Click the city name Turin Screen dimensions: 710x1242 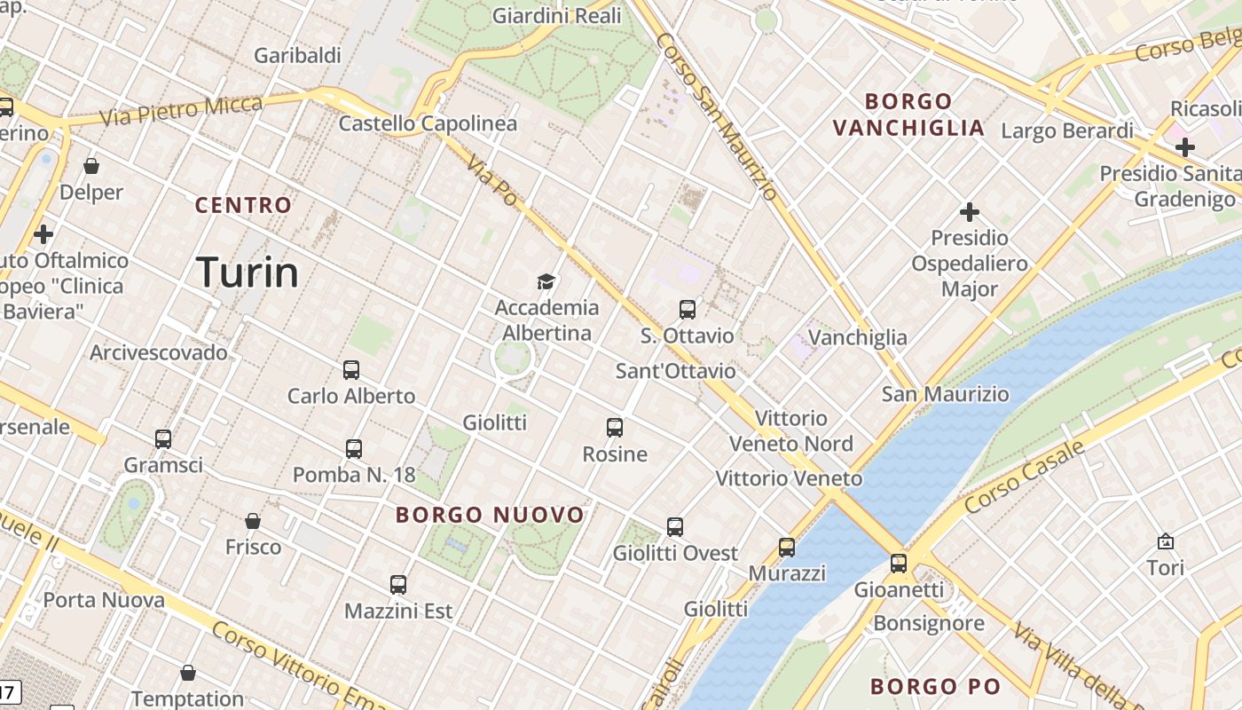[x=247, y=272]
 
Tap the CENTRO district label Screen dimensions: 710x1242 [x=243, y=205]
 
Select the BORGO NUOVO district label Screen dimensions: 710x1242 [x=490, y=515]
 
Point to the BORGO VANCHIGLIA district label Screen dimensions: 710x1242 [x=908, y=114]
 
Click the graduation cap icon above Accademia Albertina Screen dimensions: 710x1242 [x=546, y=282]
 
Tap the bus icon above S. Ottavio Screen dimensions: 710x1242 [x=688, y=310]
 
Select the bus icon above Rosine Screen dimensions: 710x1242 [x=615, y=428]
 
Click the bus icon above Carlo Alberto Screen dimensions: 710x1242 [x=351, y=370]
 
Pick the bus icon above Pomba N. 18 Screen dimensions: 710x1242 [x=354, y=449]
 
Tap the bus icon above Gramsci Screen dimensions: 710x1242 [x=163, y=438]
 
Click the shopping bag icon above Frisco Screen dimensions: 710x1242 [x=253, y=521]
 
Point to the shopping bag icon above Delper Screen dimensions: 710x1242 [x=91, y=166]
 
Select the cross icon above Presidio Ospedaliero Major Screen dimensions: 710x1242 [x=970, y=212]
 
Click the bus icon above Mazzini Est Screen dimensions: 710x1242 [x=398, y=585]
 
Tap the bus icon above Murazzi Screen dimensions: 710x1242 [x=787, y=547]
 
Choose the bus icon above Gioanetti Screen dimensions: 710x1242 [x=899, y=563]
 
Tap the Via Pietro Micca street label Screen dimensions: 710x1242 [x=181, y=111]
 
